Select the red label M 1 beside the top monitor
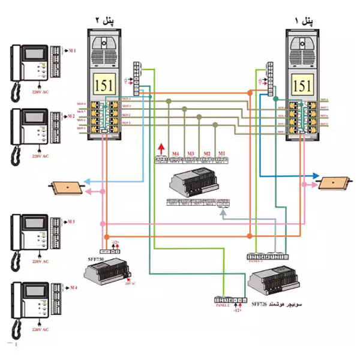pyautogui.click(x=71, y=50)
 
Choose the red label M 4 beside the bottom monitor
pyautogui.click(x=72, y=288)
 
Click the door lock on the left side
pyautogui.click(x=67, y=187)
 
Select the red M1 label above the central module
pyautogui.click(x=221, y=154)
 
